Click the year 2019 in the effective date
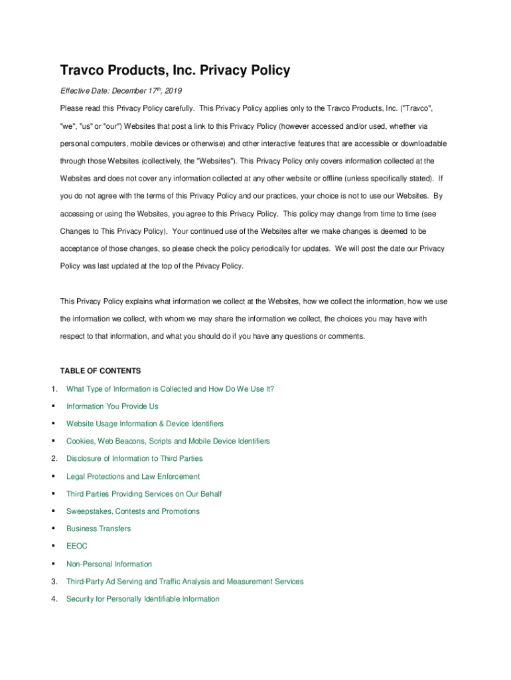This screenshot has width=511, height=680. (172, 90)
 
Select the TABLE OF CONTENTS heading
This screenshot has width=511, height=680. (100, 371)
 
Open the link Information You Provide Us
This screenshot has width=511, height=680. (112, 406)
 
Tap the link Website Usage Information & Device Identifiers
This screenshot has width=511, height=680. (145, 424)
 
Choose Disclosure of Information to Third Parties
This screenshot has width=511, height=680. (134, 459)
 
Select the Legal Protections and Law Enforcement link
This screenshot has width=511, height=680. (133, 476)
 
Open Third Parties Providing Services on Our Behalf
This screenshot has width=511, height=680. (144, 494)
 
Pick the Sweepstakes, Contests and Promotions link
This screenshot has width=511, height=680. (133, 511)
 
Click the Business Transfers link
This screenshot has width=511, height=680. (98, 529)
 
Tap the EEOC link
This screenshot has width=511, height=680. (77, 547)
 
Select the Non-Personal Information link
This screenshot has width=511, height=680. (109, 564)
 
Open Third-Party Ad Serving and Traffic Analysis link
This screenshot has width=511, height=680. (184, 582)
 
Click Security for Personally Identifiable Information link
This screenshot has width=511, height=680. (143, 599)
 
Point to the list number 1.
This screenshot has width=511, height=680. (54, 389)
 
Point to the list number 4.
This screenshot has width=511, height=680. (54, 599)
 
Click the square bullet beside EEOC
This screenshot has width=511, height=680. (52, 547)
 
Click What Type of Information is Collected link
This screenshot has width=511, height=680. (170, 389)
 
